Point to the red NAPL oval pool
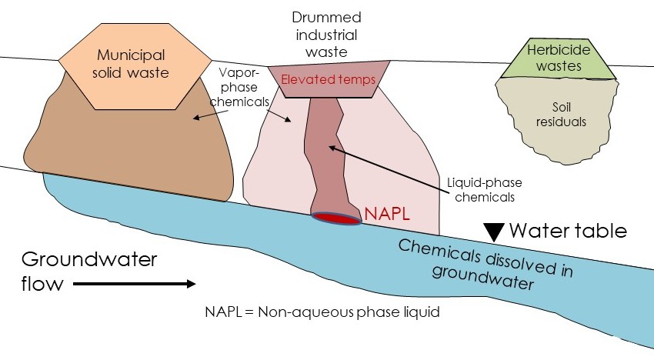337,218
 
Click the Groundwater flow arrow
135,284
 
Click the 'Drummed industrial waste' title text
326,34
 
